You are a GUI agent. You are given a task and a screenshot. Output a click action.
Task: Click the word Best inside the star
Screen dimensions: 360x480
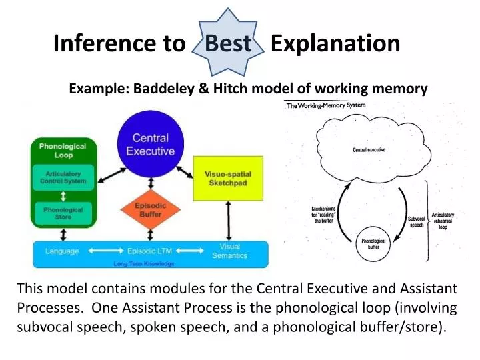click(x=228, y=44)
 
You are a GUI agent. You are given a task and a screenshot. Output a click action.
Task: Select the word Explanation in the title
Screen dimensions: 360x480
click(x=335, y=44)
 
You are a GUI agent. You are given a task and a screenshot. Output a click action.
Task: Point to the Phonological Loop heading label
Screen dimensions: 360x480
click(x=62, y=151)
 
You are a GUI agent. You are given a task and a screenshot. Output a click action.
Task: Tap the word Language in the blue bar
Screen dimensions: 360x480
click(x=62, y=251)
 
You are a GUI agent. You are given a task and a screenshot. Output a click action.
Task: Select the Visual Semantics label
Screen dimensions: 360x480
click(x=229, y=251)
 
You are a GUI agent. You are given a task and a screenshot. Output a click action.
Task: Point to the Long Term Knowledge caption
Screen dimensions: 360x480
click(x=144, y=263)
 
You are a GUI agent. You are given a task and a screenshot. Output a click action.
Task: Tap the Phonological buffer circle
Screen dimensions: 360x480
click(x=374, y=243)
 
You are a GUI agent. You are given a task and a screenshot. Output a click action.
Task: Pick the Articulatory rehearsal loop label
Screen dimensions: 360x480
click(x=443, y=221)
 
